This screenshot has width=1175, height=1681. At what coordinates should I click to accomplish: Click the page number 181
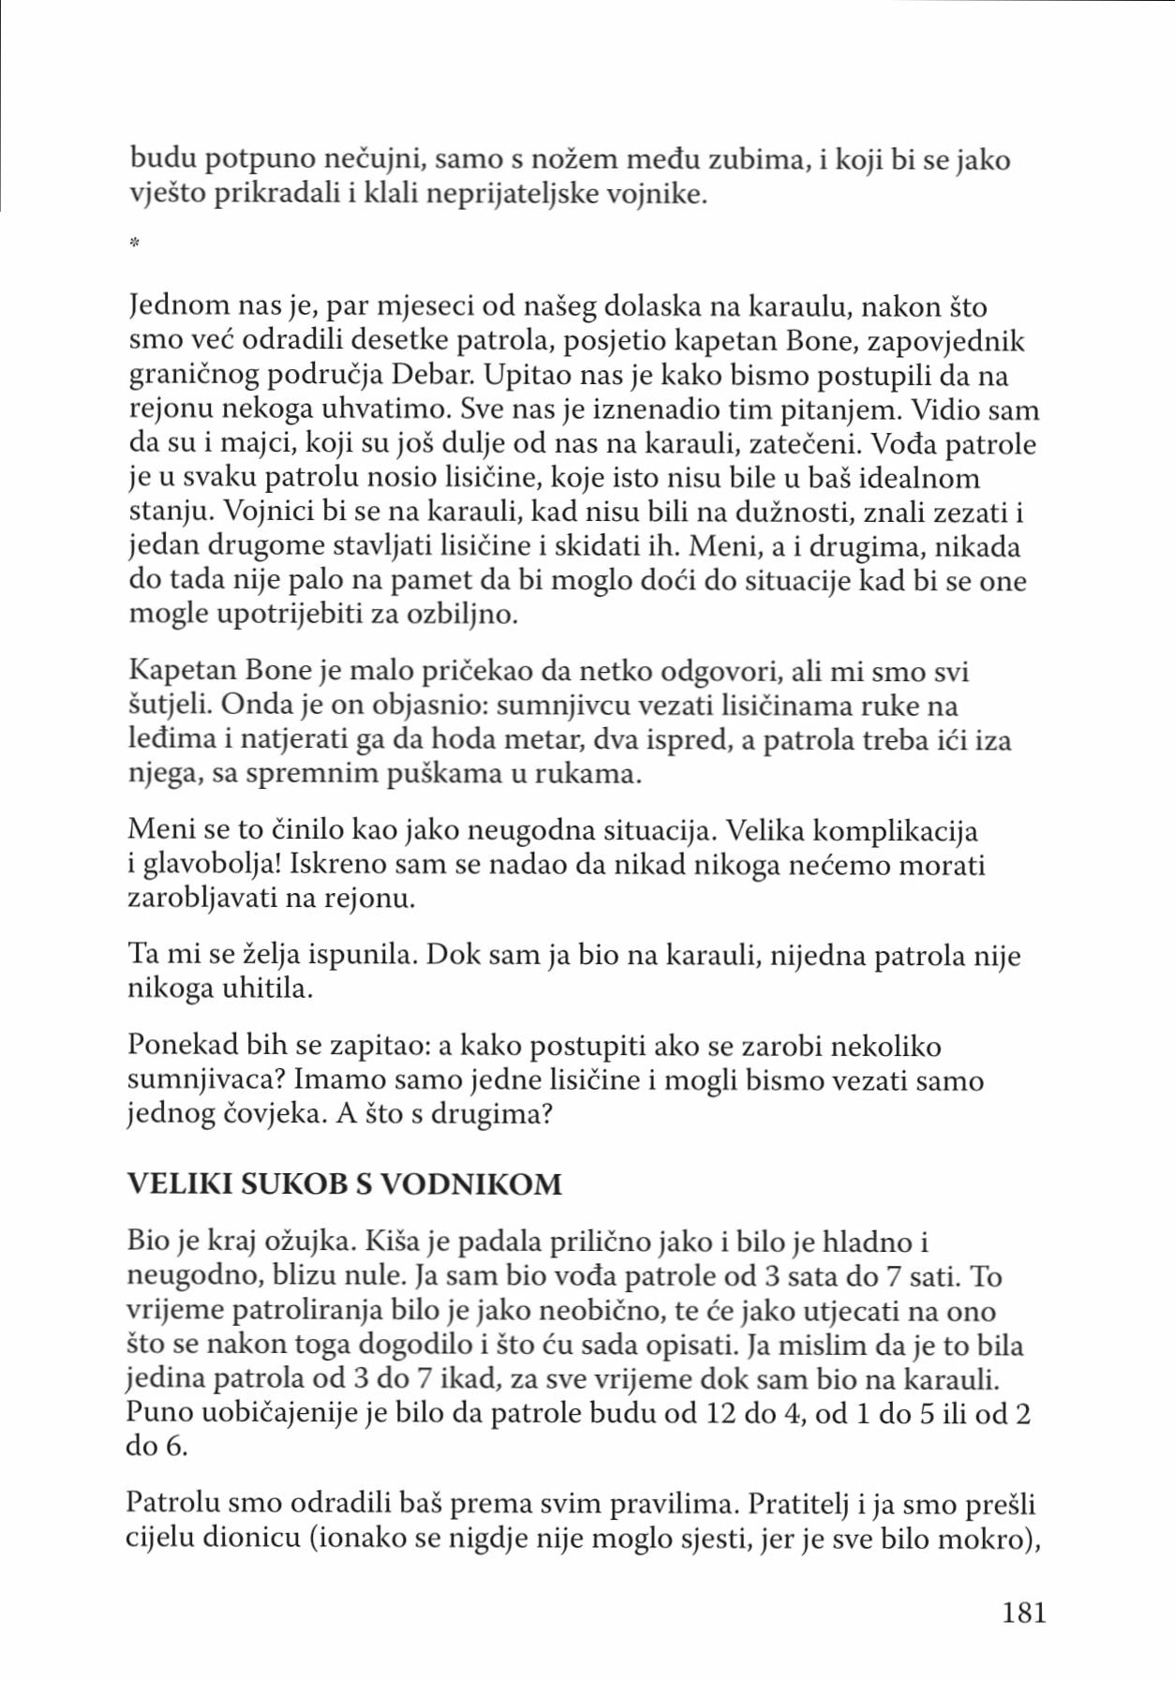coord(1023,1612)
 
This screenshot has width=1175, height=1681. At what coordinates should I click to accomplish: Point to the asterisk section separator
coord(134,244)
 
